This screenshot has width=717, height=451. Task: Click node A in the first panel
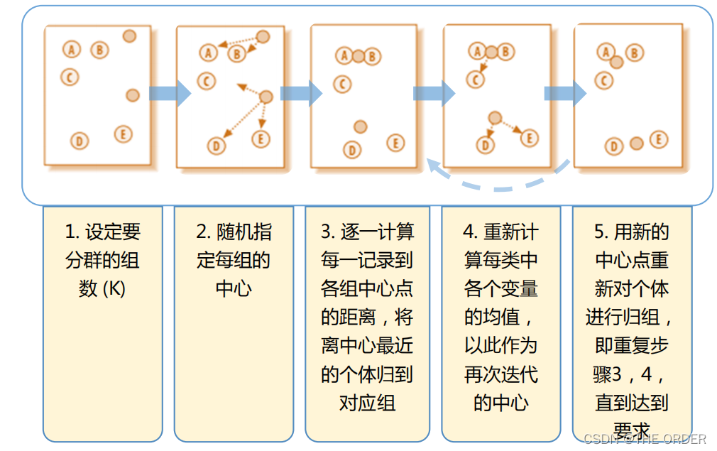(72, 49)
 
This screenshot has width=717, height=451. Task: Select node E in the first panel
(123, 134)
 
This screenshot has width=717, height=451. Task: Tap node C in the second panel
(207, 81)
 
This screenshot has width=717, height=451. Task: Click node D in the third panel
(352, 150)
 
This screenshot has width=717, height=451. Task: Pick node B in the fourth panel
(505, 51)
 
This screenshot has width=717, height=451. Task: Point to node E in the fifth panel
(659, 140)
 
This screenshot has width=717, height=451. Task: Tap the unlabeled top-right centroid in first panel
(129, 36)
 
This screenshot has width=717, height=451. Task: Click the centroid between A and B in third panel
(358, 55)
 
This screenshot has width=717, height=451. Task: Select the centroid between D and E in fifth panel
(637, 143)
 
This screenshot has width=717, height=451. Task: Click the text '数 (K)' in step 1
(102, 289)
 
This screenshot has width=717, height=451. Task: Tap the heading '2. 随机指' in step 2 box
(234, 232)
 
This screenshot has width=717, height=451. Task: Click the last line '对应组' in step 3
(367, 403)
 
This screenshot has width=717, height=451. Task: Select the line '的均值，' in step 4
(500, 317)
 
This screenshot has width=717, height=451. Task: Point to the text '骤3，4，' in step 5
(631, 374)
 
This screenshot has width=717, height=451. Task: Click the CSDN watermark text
(645, 439)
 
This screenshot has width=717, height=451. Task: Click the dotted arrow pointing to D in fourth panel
(490, 130)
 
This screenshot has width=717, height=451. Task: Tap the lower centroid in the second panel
(266, 97)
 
